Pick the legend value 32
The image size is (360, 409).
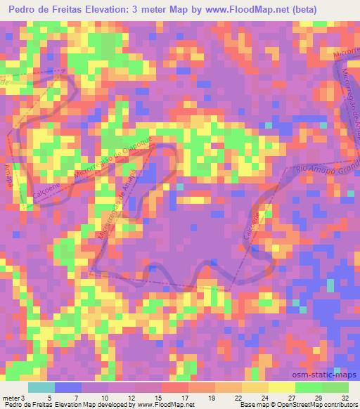pos(345,398)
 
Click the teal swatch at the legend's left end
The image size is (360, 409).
pos(41,387)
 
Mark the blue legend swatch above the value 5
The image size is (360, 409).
pos(67,387)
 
